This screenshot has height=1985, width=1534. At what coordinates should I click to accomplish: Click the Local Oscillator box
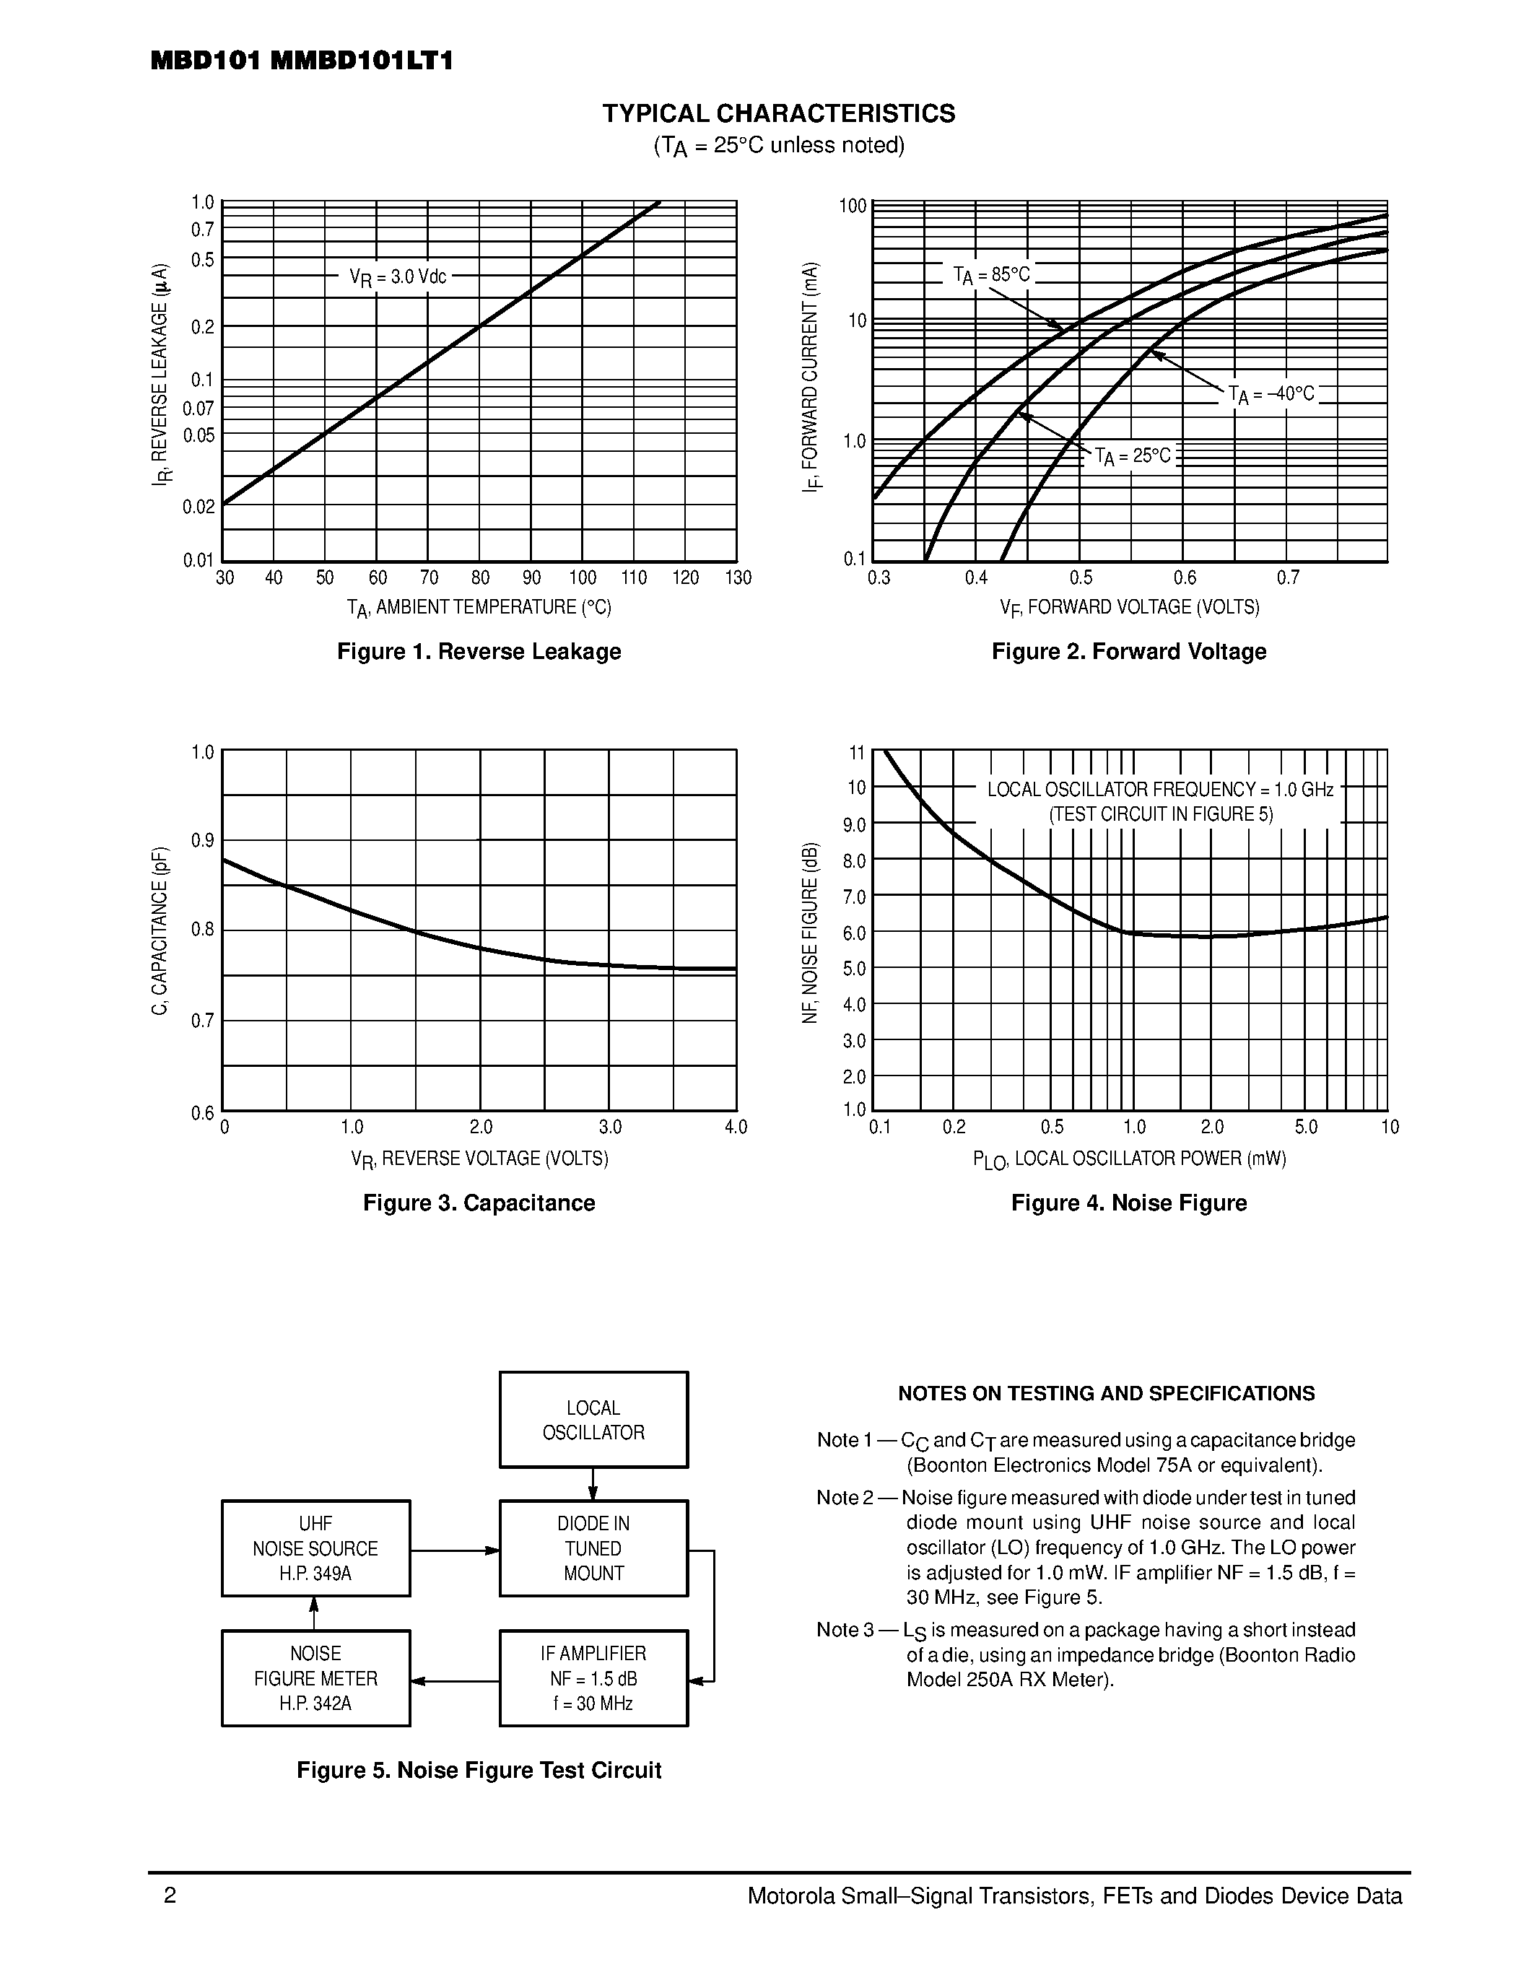593,1420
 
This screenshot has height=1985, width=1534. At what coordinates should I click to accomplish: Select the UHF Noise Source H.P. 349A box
315,1548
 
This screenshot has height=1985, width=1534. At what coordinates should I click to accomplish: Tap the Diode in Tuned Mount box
593,1548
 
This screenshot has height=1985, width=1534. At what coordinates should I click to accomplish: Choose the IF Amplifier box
593,1678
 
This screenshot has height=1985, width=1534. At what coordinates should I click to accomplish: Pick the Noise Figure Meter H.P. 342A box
315,1678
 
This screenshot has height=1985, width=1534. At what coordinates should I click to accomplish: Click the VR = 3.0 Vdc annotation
398,277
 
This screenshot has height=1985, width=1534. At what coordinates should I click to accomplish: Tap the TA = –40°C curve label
1271,394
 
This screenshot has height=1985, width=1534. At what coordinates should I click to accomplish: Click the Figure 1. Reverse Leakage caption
479,652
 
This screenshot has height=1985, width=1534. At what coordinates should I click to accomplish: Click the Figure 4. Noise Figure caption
1129,1203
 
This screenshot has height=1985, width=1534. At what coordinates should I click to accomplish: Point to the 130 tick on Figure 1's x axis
738,578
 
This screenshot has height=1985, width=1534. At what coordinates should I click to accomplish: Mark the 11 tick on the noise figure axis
856,753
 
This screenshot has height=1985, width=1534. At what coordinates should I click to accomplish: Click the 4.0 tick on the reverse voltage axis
735,1127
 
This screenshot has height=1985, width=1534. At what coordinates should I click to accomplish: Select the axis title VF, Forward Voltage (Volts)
1129,607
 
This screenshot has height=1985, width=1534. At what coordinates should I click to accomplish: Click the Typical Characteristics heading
779,113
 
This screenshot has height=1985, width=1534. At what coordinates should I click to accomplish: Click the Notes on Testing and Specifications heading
1106,1393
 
